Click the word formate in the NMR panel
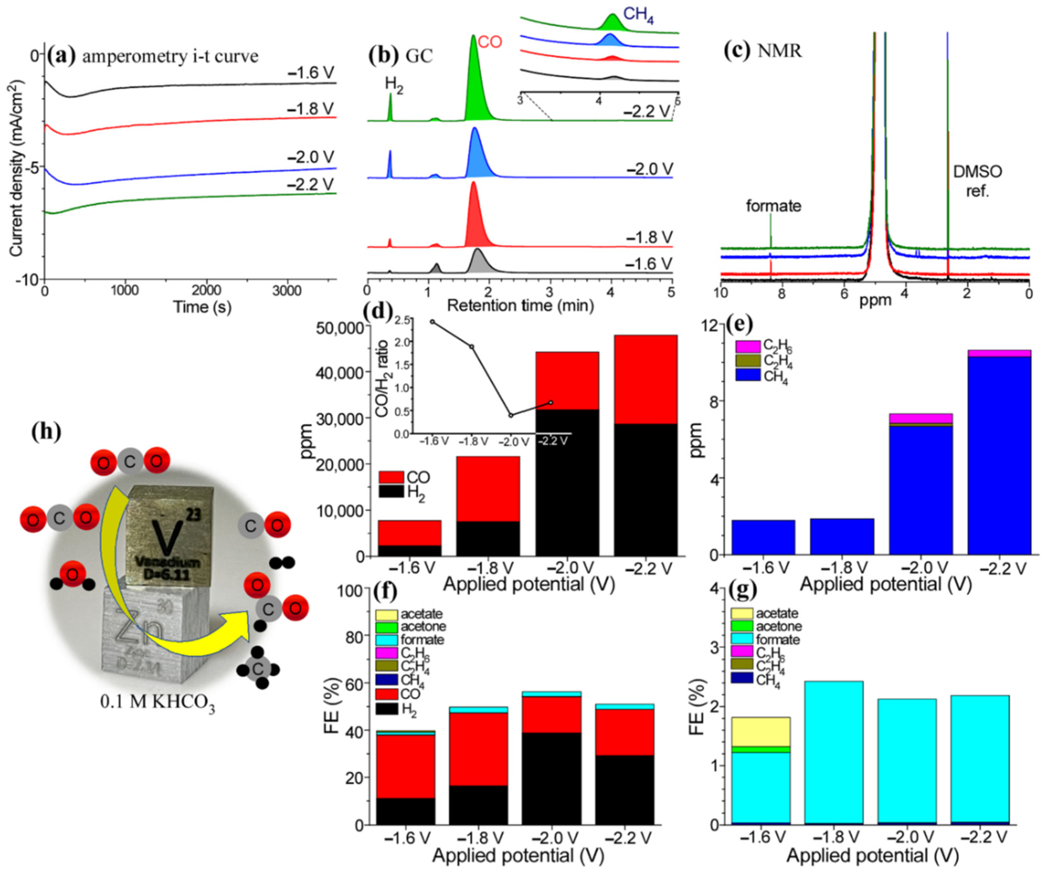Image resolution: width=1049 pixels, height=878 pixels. click(x=773, y=206)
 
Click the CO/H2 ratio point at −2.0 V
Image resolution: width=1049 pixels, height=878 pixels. click(x=510, y=415)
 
